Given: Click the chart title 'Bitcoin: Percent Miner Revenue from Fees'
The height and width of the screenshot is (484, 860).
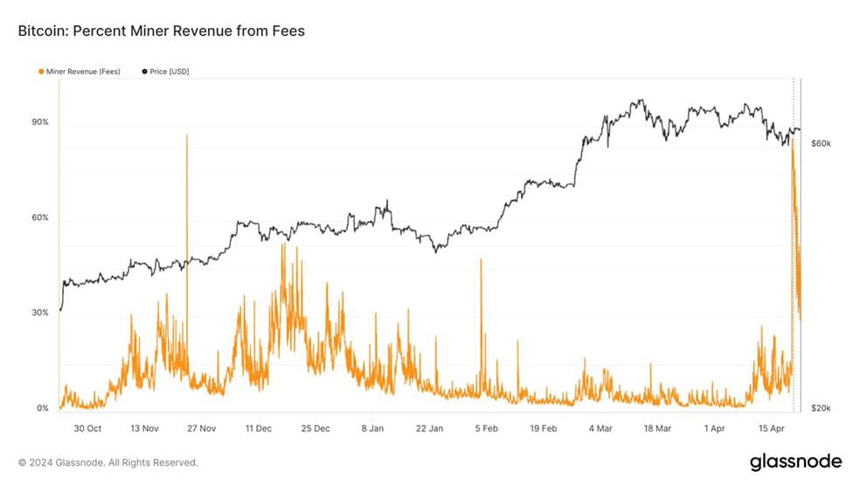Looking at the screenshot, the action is click(x=161, y=31).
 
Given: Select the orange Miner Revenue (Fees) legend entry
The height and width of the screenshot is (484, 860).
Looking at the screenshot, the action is click(x=80, y=72).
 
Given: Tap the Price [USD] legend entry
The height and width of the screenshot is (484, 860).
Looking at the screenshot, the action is click(x=166, y=72).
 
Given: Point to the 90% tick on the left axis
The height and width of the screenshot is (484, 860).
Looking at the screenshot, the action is click(x=40, y=121).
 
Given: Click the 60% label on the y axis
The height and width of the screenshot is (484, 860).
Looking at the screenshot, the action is click(x=40, y=218).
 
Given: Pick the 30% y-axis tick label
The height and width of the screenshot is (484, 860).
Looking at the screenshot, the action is click(x=40, y=313).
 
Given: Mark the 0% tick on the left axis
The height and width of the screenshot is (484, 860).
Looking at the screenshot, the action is click(x=43, y=408).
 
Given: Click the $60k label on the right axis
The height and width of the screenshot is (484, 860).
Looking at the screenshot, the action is click(x=821, y=143).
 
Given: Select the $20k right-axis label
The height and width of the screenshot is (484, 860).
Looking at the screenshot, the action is click(x=821, y=408).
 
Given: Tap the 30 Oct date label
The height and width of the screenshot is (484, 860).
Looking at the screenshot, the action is click(x=87, y=429).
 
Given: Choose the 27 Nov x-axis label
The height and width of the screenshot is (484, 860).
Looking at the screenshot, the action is click(x=201, y=429).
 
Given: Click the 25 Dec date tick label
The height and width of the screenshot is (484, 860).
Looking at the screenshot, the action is click(x=316, y=429).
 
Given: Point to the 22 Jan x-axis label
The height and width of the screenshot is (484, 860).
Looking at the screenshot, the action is click(x=429, y=429).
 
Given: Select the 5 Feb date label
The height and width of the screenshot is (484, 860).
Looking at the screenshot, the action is click(x=487, y=429).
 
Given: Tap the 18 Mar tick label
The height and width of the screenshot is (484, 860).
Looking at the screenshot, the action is click(x=657, y=429).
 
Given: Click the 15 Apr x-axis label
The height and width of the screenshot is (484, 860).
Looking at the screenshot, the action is click(x=772, y=429).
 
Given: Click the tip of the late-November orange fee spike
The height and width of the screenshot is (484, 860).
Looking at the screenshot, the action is click(x=187, y=135).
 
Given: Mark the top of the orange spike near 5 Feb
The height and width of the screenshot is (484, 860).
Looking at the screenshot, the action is click(x=481, y=259).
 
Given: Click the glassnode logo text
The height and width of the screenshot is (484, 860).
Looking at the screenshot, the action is click(x=796, y=461).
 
